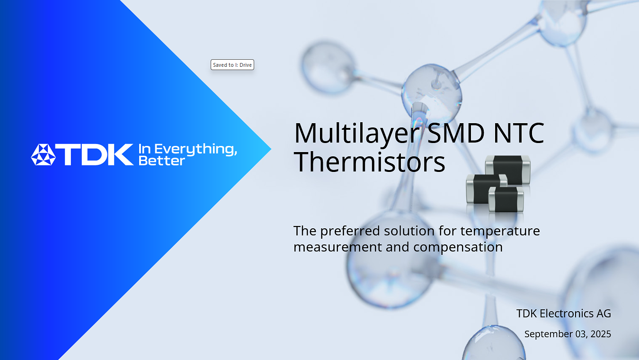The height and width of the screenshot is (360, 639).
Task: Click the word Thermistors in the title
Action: click(369, 162)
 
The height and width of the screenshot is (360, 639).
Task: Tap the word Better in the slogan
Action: click(161, 161)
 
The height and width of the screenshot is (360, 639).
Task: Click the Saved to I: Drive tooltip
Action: click(232, 65)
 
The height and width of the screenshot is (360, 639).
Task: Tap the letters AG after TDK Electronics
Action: click(604, 314)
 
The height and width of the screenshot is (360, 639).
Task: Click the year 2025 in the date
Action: click(600, 334)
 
